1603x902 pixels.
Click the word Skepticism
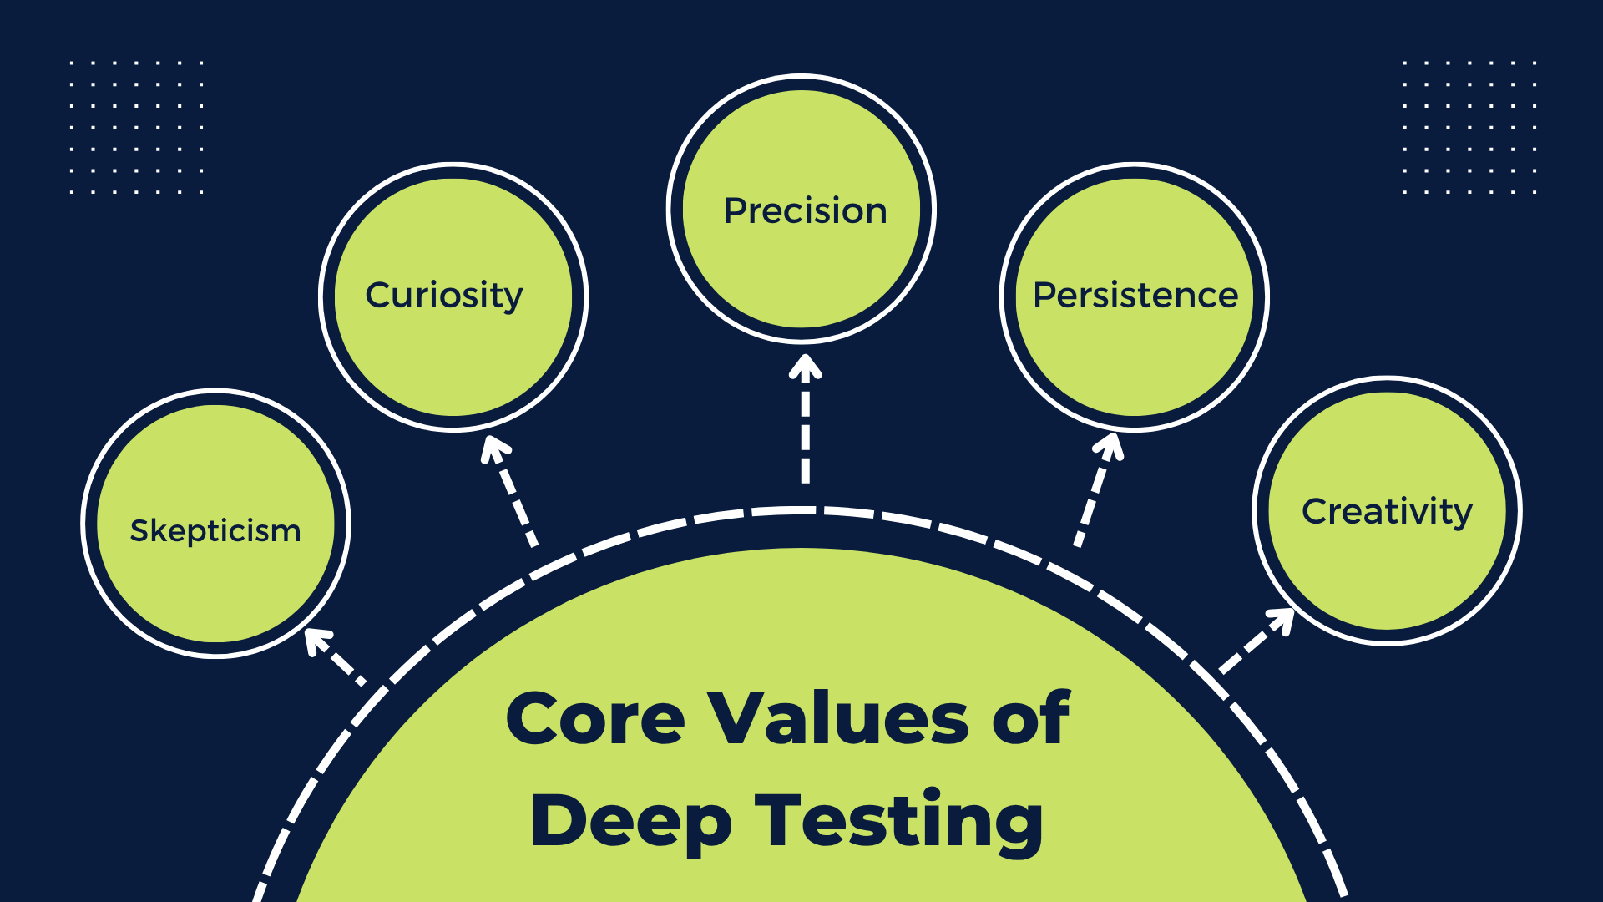(x=215, y=531)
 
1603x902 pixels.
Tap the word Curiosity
(x=444, y=296)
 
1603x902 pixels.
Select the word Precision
(x=805, y=210)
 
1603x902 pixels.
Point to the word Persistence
(x=1135, y=296)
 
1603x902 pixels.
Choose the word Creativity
(x=1387, y=512)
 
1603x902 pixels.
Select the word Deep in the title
(x=630, y=822)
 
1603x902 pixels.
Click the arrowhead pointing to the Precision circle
(x=806, y=367)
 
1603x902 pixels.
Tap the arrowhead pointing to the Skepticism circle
(x=316, y=640)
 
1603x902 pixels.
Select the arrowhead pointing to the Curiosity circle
(x=494, y=448)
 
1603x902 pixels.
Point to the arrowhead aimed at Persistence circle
(x=1110, y=445)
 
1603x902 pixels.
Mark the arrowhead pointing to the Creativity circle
(x=1282, y=621)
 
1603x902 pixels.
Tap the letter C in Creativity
(x=1317, y=511)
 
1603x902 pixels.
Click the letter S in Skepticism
(x=139, y=530)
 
